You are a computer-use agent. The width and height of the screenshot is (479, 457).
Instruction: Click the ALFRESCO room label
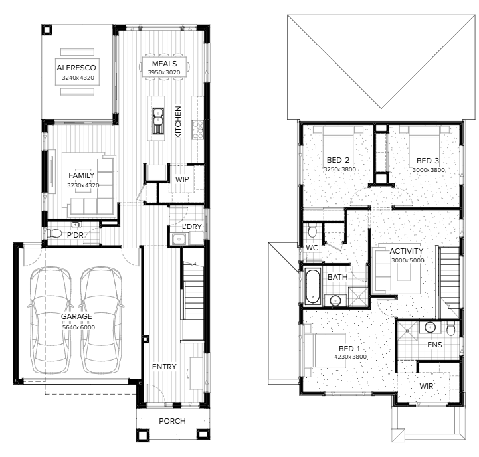click(x=76, y=68)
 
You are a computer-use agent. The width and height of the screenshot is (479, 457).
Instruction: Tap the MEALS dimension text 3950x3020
click(x=164, y=72)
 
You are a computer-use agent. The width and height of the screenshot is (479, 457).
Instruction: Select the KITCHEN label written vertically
click(x=178, y=122)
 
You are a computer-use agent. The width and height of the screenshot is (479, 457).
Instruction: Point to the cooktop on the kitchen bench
click(x=198, y=130)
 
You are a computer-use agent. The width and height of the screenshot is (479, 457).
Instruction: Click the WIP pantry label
click(x=182, y=179)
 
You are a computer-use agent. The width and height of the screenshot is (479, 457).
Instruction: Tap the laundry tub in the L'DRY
click(x=179, y=239)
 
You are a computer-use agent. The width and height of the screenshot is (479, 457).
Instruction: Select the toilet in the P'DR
click(x=54, y=234)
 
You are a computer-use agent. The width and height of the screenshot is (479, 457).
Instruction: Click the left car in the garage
click(x=50, y=320)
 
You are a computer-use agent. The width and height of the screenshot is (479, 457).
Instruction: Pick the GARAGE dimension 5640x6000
click(x=78, y=327)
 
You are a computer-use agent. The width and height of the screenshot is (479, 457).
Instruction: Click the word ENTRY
click(x=164, y=367)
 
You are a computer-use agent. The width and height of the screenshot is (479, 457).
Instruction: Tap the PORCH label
click(x=172, y=421)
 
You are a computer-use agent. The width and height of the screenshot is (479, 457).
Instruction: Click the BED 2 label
click(x=338, y=160)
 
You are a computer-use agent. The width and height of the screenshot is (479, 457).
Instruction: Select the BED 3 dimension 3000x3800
click(x=429, y=170)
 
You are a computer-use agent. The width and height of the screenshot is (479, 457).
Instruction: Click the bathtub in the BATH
click(x=313, y=286)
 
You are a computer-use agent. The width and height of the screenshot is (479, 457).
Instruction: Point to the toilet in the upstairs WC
click(x=312, y=230)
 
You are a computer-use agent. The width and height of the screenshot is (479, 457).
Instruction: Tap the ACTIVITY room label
click(x=407, y=251)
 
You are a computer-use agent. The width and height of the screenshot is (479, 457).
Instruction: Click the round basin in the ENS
click(x=430, y=327)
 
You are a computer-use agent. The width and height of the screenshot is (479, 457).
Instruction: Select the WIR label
click(x=426, y=386)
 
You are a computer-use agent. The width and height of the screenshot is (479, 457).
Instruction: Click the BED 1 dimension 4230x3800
click(x=350, y=357)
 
